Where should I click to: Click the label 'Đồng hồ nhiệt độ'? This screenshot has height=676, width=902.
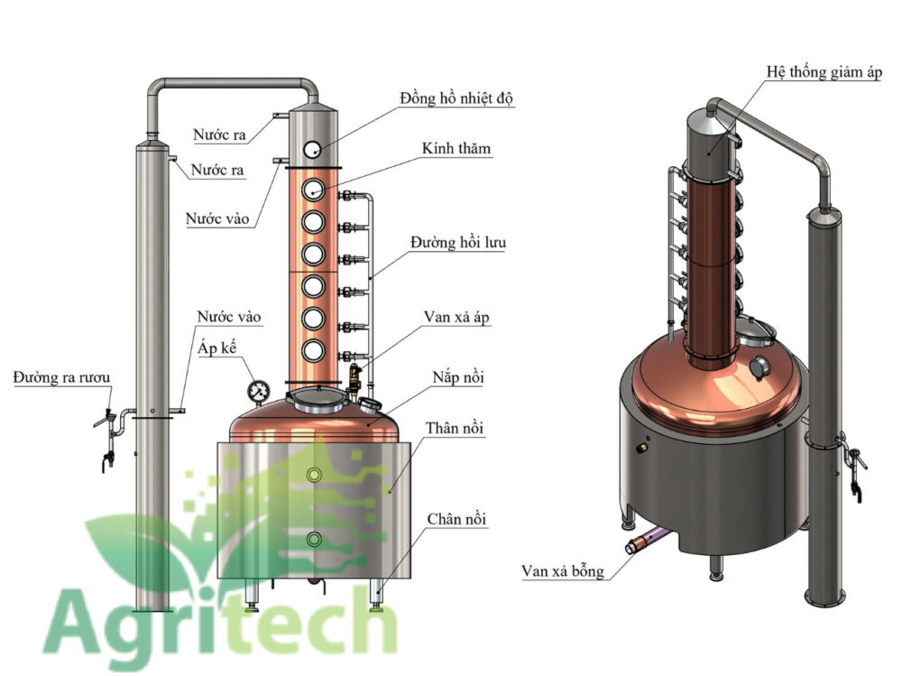456,98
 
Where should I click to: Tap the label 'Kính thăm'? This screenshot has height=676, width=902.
456,149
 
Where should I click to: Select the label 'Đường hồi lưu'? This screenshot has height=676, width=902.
458,243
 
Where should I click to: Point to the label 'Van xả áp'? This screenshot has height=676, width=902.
456,318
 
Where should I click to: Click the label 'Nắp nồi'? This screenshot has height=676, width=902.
458,377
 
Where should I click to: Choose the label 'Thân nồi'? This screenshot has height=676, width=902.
454,428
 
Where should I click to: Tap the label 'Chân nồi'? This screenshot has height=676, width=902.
456,519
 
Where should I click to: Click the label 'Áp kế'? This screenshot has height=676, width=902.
216,347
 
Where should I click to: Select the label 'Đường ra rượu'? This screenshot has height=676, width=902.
61,378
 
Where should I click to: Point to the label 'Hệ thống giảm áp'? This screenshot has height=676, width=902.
824,72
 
